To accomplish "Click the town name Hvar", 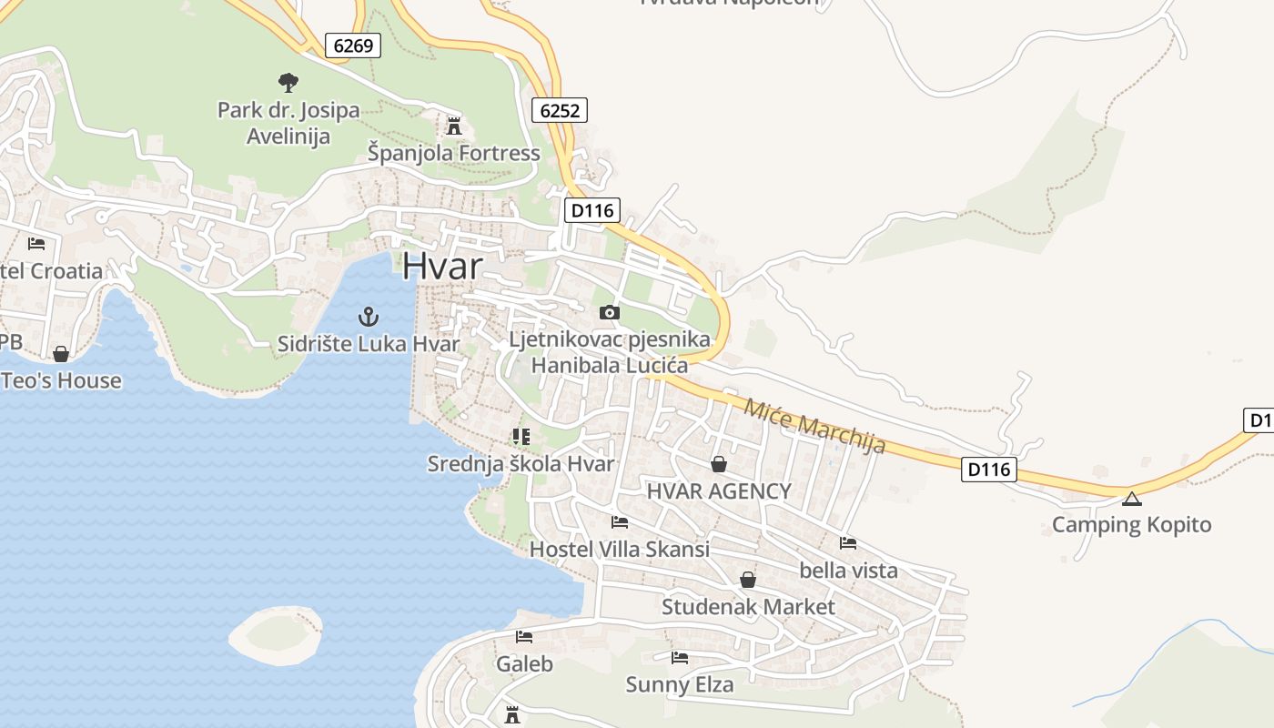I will [442, 266].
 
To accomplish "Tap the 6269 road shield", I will [353, 45].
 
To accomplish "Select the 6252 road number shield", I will [559, 111].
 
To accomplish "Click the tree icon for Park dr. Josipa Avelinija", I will [288, 83].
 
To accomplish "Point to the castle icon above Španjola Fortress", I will [453, 126].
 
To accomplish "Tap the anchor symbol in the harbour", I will [368, 317].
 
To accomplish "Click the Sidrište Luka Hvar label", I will [369, 344].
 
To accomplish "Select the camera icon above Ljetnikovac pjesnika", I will [609, 313].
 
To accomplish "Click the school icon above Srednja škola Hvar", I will [521, 437].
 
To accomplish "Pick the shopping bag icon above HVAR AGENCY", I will [719, 464].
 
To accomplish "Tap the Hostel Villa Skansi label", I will [619, 550].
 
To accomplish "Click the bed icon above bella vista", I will [848, 543].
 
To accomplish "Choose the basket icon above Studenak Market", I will [748, 580].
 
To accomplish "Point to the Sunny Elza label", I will [679, 684].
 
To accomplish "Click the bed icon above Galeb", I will [524, 637].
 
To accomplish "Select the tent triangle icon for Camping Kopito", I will [1131, 499].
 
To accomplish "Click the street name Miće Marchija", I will [814, 426].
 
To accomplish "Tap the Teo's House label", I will [62, 380].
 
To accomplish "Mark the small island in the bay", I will [275, 633].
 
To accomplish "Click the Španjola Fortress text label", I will [453, 153].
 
